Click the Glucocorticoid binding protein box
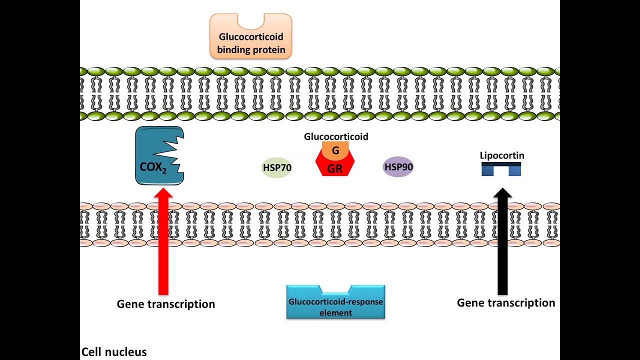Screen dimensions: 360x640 point(250,42)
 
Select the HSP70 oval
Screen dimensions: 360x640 point(277,168)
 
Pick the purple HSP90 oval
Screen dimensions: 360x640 point(398,167)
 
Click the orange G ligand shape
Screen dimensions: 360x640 point(335,150)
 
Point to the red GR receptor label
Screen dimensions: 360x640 point(335,169)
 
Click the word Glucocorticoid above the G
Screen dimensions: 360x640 point(336,136)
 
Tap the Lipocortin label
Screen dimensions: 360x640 point(502,155)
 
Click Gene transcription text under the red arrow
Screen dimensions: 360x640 point(165,304)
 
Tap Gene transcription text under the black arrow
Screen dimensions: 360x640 point(506,302)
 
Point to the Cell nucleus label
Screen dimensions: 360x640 point(114,352)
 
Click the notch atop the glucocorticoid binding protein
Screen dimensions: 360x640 point(250,21)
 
